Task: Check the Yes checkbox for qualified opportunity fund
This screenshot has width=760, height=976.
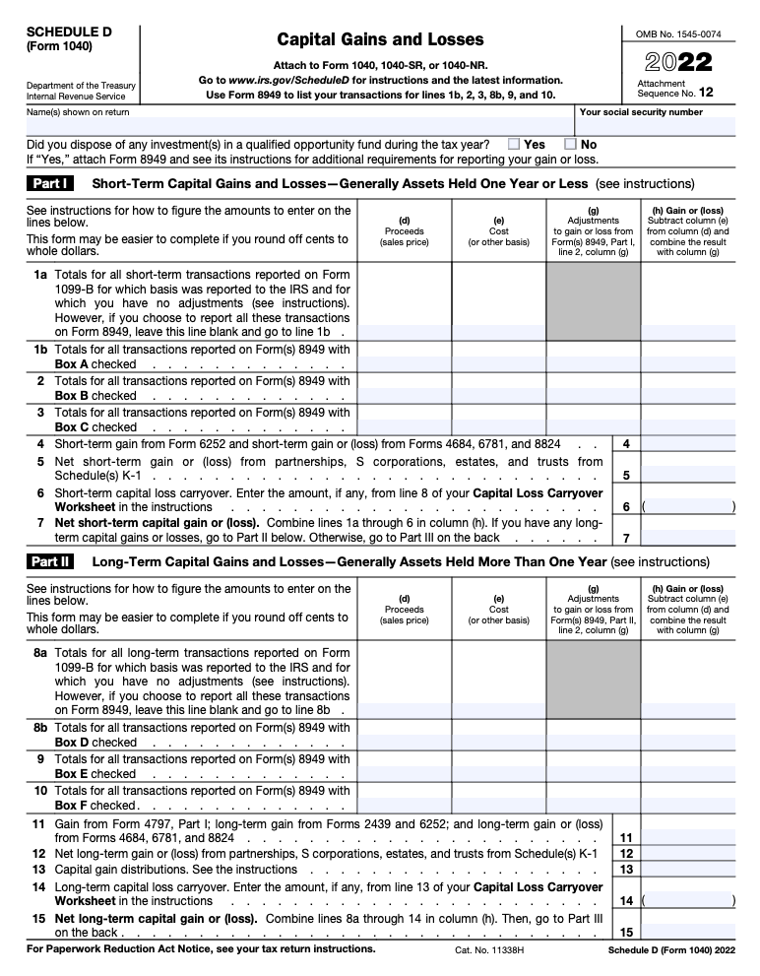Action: (514, 144)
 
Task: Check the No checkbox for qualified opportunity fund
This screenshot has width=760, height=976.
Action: (569, 144)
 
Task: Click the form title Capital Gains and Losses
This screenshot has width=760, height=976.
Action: (380, 39)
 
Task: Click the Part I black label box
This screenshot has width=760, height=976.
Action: (50, 183)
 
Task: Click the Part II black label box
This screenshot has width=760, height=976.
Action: (50, 561)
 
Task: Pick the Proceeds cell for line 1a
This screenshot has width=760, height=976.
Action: (404, 301)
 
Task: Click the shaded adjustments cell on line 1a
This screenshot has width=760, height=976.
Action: (593, 301)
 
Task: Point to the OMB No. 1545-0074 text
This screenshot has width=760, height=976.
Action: (678, 33)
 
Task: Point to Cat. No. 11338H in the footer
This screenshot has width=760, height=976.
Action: (488, 950)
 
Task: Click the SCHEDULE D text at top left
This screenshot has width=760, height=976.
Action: (69, 32)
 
